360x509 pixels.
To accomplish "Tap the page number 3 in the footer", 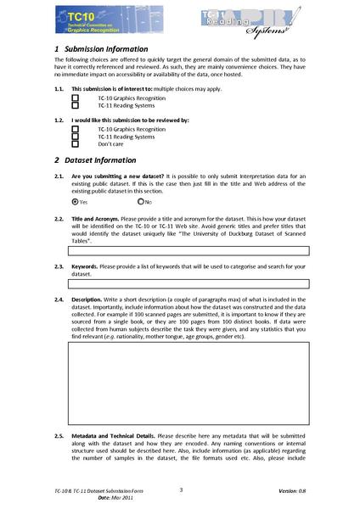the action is (181, 489).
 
